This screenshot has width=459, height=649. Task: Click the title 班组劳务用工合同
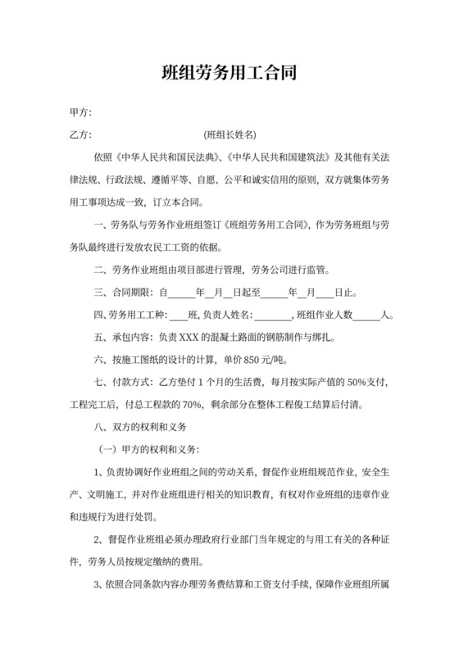[229, 73]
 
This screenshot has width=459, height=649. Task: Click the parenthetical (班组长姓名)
[230, 134]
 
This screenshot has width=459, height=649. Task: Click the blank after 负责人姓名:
[274, 315]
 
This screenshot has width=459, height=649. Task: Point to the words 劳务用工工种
[139, 315]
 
